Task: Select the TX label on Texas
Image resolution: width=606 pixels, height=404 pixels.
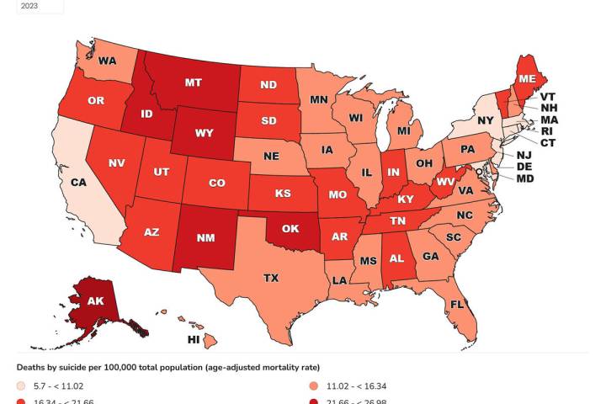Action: tap(271, 277)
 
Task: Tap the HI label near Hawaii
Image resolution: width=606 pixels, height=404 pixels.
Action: tap(194, 339)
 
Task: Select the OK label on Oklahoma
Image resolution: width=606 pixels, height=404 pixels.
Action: tap(291, 227)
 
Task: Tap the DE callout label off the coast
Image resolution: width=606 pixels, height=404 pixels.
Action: tap(545, 167)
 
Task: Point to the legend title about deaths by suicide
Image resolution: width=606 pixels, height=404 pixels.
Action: tap(167, 367)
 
